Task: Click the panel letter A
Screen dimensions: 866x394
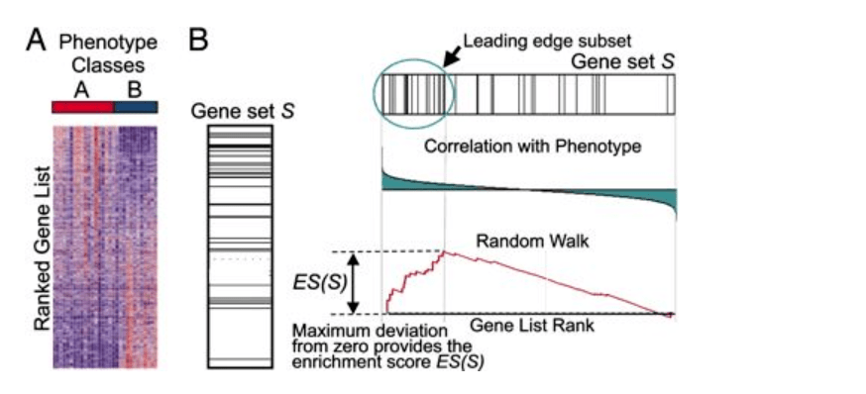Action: pos(37,41)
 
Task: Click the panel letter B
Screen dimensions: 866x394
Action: pos(199,41)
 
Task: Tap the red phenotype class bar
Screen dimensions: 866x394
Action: pos(83,107)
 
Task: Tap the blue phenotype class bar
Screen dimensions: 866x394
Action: pos(136,107)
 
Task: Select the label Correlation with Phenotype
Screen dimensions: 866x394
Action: pos(533,148)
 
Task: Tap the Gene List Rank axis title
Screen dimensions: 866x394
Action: pos(532,326)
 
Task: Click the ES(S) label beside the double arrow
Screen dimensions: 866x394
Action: pos(319,283)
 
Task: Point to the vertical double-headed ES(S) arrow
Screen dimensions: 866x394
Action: pos(355,283)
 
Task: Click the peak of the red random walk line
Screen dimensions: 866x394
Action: pos(444,250)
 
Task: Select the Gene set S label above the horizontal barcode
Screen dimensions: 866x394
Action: pos(622,61)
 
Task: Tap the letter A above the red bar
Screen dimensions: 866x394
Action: pos(81,89)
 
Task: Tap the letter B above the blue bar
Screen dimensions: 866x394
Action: pos(135,89)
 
